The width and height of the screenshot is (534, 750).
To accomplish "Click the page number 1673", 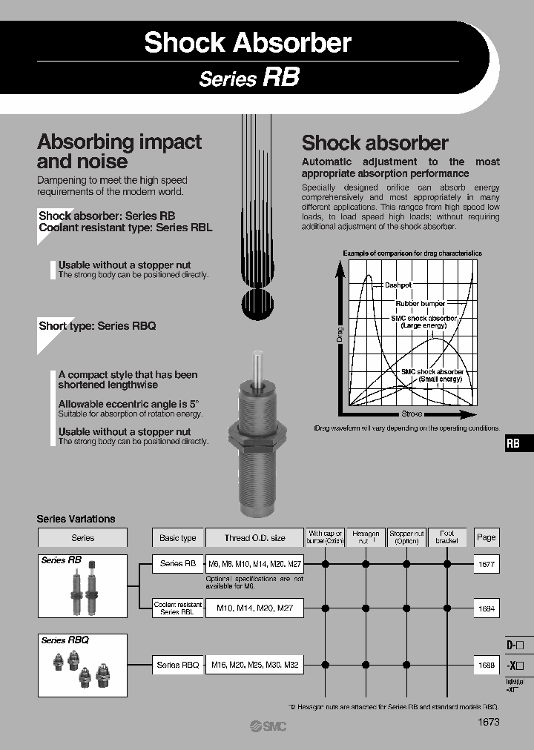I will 487,721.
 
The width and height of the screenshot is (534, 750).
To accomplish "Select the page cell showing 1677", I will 486,564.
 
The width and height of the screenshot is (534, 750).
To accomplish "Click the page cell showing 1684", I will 486,608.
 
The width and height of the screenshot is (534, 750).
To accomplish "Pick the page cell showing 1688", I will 486,665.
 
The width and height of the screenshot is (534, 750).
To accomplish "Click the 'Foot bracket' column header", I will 447,537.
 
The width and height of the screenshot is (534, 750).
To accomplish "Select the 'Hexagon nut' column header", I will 365,537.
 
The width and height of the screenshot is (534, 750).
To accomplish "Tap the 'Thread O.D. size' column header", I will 255,537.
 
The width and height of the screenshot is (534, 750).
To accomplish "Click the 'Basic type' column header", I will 178,537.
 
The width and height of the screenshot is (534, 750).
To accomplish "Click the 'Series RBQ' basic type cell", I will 178,665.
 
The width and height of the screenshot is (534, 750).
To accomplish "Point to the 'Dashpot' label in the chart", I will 398,285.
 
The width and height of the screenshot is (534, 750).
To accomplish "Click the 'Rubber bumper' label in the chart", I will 420,303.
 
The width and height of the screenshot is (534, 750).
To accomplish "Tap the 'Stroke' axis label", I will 412,413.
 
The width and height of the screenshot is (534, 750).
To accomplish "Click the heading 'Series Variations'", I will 76,519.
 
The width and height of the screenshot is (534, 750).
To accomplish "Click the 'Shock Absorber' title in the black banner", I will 248,42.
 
